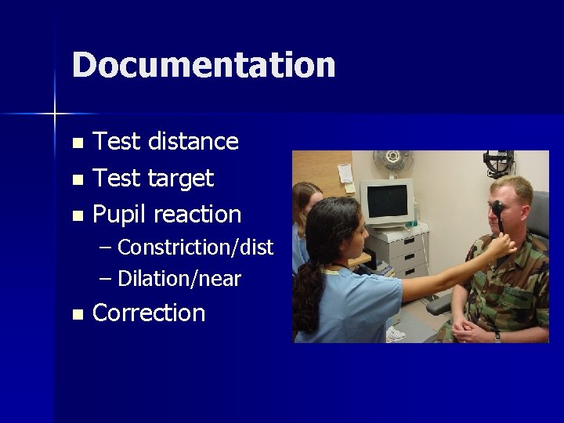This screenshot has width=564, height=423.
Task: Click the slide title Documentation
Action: pyautogui.click(x=203, y=64)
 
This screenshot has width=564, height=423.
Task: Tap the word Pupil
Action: pyautogui.click(x=120, y=215)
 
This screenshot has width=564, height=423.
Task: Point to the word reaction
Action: pyautogui.click(x=197, y=215)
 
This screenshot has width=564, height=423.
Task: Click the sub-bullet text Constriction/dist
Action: pyautogui.click(x=195, y=248)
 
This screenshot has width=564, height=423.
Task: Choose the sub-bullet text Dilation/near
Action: pyautogui.click(x=179, y=279)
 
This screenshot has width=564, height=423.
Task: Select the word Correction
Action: pyautogui.click(x=149, y=313)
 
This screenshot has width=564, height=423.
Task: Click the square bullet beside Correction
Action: pyautogui.click(x=76, y=315)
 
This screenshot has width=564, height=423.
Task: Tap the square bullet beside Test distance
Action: pyautogui.click(x=76, y=143)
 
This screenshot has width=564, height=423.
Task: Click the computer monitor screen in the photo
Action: pyautogui.click(x=387, y=201)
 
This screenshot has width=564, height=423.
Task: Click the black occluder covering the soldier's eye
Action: pyautogui.click(x=497, y=214)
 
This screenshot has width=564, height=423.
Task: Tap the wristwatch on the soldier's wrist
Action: pyautogui.click(x=497, y=334)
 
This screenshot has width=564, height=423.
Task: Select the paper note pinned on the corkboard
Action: pyautogui.click(x=344, y=175)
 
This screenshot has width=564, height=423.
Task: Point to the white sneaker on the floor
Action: pyautogui.click(x=396, y=334)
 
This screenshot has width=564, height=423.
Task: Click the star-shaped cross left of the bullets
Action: pyautogui.click(x=55, y=114)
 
